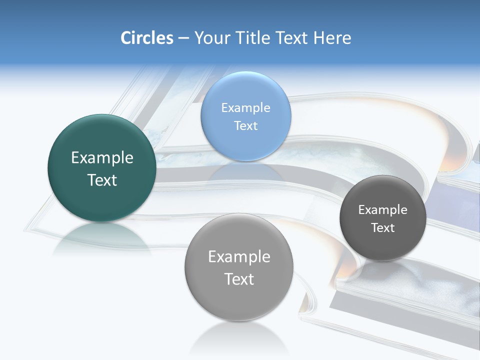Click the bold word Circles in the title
(147, 38)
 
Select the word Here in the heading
(332, 38)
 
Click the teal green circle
(102, 200)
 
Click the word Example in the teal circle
(102, 158)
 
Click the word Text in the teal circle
(102, 180)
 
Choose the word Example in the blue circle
(245, 107)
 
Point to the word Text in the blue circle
(245, 125)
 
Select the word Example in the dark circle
(382, 210)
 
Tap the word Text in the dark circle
(382, 228)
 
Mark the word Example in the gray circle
(239, 257)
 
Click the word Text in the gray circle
(239, 279)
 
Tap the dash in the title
(183, 38)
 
